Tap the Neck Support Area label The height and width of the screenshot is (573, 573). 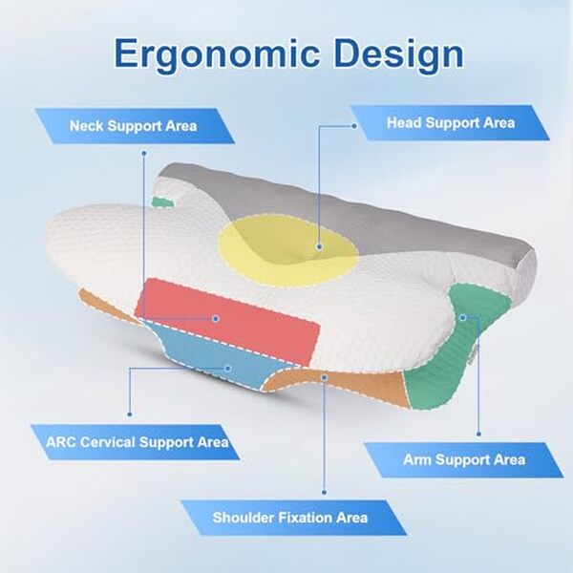pos(134,125)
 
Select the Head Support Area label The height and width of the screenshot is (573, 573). pos(450,122)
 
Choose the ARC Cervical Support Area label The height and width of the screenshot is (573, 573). pos(137,442)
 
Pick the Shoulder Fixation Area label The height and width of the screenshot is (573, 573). pos(289,518)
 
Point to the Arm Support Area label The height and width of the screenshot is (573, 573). pos(463,459)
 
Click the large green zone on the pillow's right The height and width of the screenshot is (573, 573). pos(449,353)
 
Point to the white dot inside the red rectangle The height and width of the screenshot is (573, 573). pos(217,318)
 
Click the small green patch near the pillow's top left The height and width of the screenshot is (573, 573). pos(165,202)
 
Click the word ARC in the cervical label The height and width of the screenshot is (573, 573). pos(61,442)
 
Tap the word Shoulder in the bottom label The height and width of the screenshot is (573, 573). pos(242,518)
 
